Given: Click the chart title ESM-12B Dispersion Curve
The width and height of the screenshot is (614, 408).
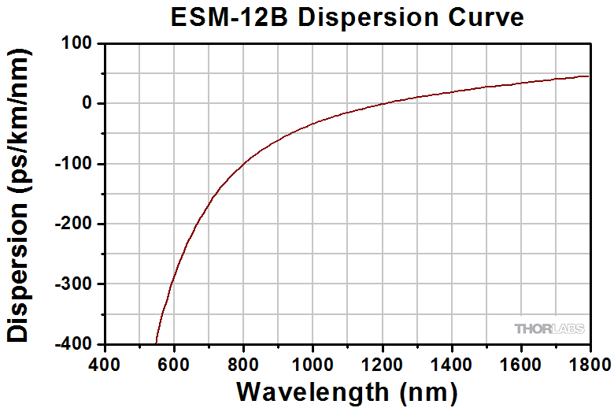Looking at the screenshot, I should [x=347, y=17].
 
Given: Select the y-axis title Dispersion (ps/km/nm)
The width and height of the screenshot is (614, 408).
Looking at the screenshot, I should [x=19, y=194].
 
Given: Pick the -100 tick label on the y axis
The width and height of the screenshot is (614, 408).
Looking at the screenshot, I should [x=75, y=164].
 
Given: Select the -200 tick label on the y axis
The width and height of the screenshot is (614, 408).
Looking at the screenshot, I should [x=75, y=224].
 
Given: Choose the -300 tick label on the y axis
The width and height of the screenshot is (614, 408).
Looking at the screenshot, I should [x=75, y=284].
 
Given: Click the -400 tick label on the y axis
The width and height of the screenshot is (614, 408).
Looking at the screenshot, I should [x=75, y=344].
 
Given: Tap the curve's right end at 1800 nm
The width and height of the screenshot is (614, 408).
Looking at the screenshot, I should [x=588, y=76].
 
